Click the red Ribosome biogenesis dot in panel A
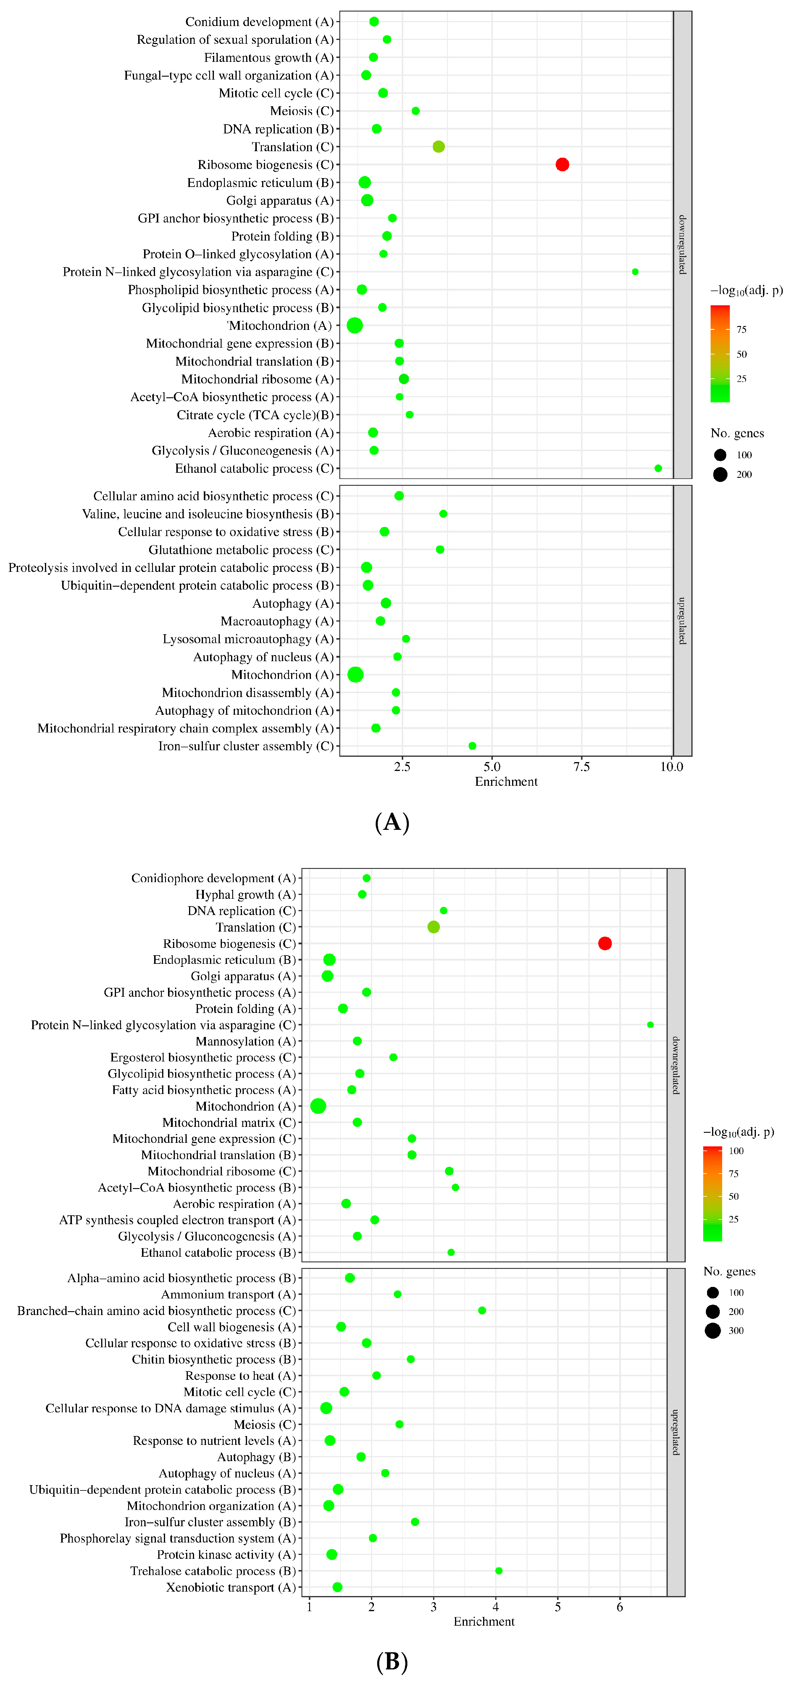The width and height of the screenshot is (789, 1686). coord(562,164)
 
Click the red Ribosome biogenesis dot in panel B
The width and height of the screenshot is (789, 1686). coord(604,943)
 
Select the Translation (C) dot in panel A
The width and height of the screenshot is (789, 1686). coord(438,147)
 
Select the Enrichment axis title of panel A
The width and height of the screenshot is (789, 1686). coord(506,782)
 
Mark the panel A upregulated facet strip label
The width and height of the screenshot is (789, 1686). coord(682,620)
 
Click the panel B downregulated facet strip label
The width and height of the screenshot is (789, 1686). coord(676,1065)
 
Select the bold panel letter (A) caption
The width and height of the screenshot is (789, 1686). coord(392,822)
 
